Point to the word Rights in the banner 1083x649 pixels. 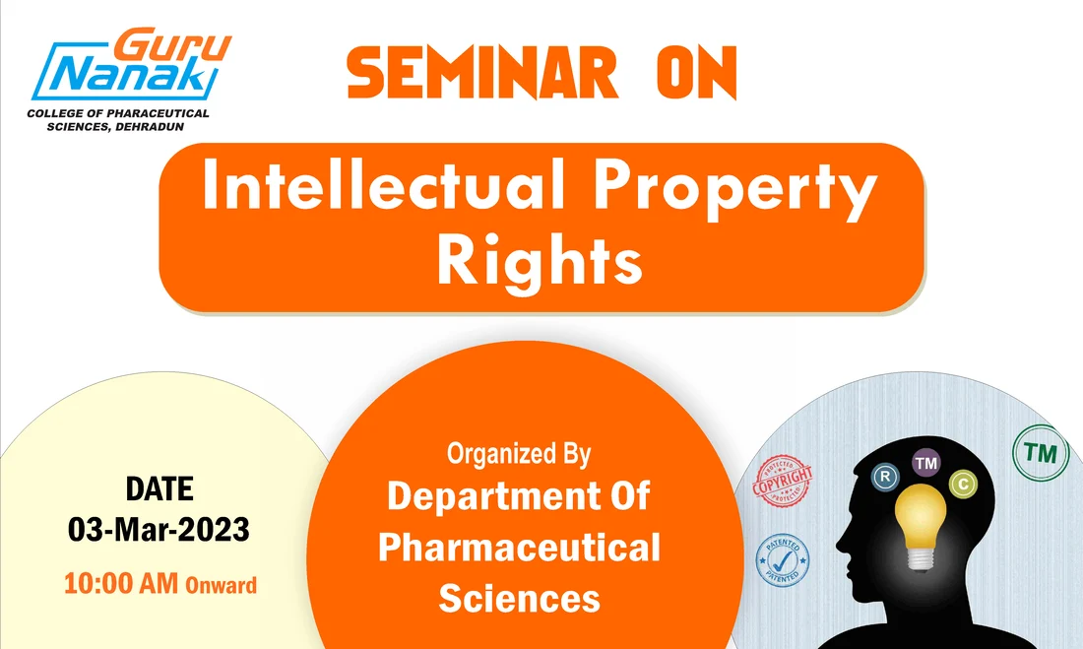coord(540,260)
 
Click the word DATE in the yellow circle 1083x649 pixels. coord(159,488)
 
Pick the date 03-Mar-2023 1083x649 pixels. coord(159,530)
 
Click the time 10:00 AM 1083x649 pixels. coord(121,583)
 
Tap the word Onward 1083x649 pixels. coord(221,585)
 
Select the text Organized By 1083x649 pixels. coord(519,454)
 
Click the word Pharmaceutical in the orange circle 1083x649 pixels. coord(519,548)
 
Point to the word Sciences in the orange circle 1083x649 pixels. coord(519,597)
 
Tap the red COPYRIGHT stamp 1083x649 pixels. coord(784,481)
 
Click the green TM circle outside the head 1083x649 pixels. coord(1040,454)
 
